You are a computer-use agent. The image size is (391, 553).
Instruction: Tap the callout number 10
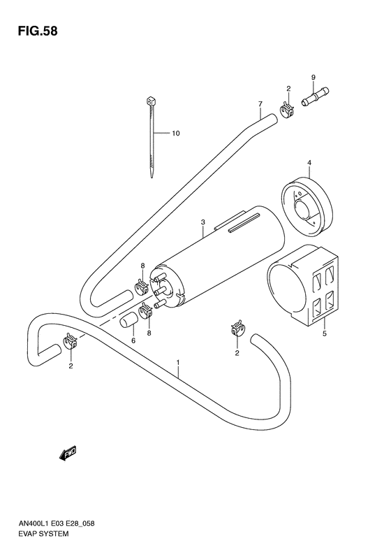(x=176, y=133)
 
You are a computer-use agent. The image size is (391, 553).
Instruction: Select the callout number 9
(x=313, y=77)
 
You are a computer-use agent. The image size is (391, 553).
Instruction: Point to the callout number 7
(x=259, y=104)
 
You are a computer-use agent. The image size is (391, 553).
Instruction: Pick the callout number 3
(x=202, y=222)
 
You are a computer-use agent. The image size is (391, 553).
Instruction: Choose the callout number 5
(x=323, y=334)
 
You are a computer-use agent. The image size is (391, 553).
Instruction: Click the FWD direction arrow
(x=68, y=455)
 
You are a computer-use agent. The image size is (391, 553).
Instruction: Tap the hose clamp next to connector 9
(x=285, y=109)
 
